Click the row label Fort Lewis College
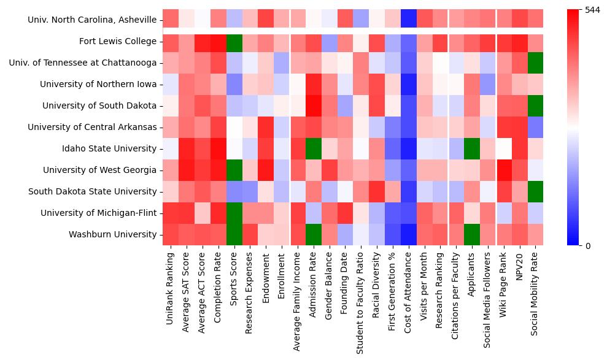118,41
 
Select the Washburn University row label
112,234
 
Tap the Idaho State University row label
109,148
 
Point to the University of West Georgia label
100,170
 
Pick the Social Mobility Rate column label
535,292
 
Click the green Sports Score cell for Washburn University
233,234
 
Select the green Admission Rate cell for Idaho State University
313,148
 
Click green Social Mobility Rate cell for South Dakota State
535,191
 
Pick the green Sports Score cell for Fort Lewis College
233,41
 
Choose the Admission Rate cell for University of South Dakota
313,105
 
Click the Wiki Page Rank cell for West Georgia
503,170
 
